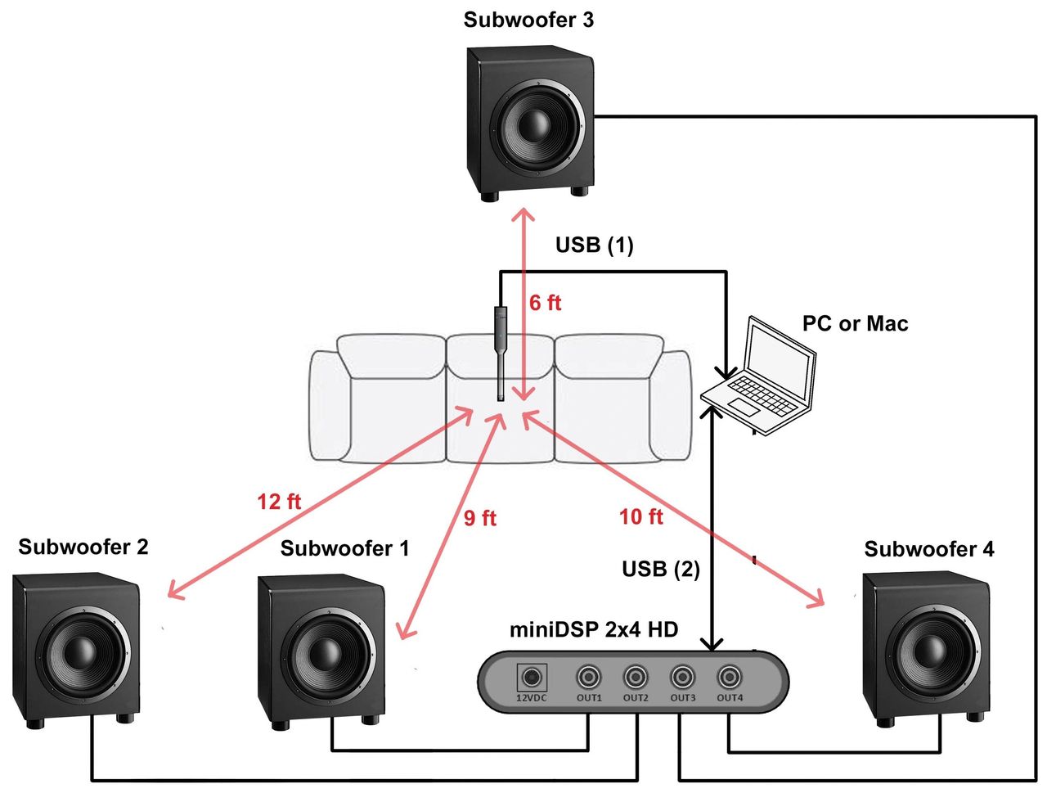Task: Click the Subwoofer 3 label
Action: click(x=528, y=20)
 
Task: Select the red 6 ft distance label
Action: click(x=545, y=303)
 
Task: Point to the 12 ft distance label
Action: click(x=279, y=501)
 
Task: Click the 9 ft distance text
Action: click(x=480, y=518)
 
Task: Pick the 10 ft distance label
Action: click(x=640, y=516)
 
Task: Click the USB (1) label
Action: click(x=594, y=245)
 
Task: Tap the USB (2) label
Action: click(x=661, y=569)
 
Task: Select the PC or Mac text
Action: click(x=855, y=323)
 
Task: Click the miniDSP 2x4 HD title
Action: click(x=594, y=630)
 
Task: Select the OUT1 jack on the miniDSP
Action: click(x=589, y=678)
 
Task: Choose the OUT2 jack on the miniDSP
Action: click(x=636, y=678)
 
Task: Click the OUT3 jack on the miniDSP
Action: click(x=682, y=678)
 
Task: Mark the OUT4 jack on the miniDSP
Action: click(x=730, y=678)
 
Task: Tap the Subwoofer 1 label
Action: click(x=344, y=548)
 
